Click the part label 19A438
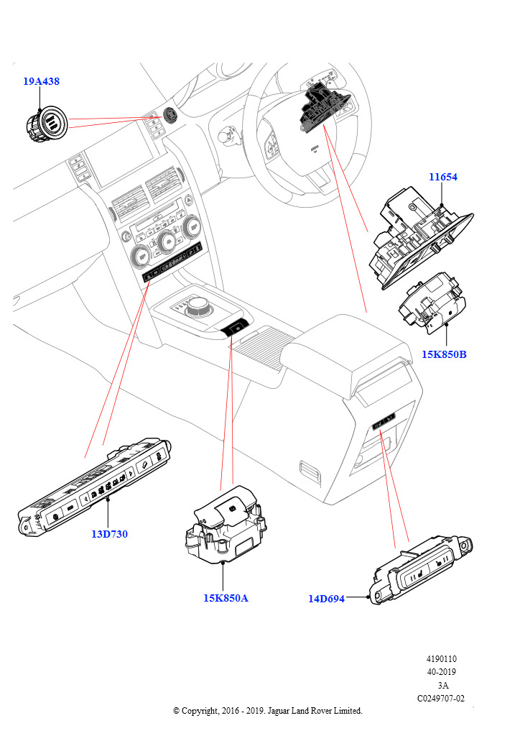point(41,82)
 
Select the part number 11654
point(443,177)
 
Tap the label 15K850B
point(444,354)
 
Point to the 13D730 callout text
point(110,534)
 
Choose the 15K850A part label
point(225,598)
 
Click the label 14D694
point(326,599)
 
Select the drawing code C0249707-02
point(440,698)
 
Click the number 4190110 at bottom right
point(442,659)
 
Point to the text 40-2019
point(442,672)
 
